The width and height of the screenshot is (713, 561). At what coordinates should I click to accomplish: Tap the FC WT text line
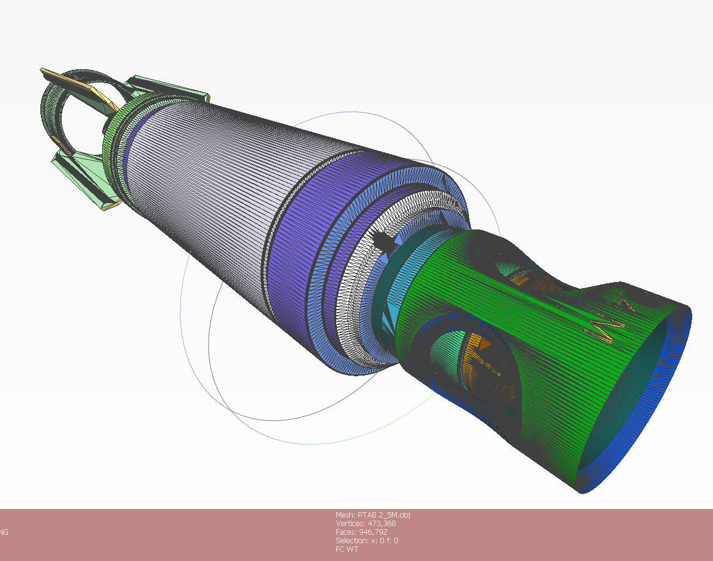coord(347,549)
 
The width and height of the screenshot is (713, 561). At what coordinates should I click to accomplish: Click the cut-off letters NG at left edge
coord(4,532)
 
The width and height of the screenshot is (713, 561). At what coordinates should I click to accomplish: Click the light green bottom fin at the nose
coord(83,177)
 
